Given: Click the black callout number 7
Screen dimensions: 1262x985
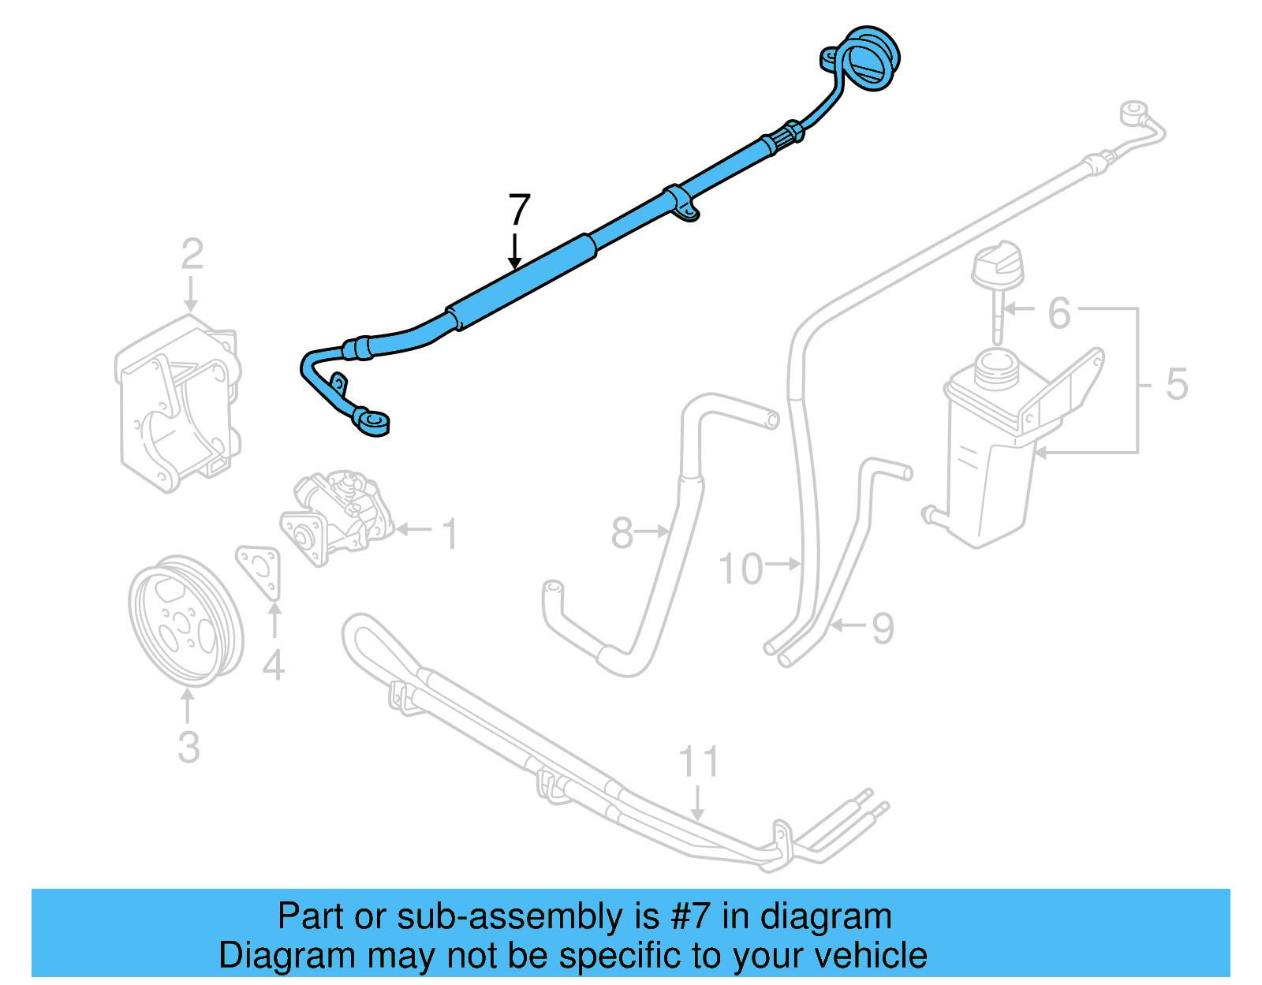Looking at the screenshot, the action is (519, 210).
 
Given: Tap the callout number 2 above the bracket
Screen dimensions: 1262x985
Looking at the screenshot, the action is (192, 254).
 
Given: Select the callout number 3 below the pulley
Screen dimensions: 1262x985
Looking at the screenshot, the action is (189, 747).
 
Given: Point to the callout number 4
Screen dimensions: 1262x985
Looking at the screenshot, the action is (274, 665).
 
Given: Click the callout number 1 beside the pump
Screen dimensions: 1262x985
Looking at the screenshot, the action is (450, 534).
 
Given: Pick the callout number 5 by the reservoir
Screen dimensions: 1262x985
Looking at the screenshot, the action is (1177, 384).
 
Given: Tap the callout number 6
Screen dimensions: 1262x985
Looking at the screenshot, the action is (1059, 313).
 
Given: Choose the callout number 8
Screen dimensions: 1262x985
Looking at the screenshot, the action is (622, 533).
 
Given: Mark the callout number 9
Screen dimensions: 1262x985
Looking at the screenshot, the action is (883, 628).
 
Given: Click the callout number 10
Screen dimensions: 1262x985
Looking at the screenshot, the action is (741, 569).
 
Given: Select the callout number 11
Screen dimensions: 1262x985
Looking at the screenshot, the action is (699, 761).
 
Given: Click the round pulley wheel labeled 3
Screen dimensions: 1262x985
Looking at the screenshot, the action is (186, 621).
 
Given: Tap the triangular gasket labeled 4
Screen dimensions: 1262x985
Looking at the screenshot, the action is (259, 571).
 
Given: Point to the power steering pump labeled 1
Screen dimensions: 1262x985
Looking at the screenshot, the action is (336, 517).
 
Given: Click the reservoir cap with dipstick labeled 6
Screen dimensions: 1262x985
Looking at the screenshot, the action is (997, 290).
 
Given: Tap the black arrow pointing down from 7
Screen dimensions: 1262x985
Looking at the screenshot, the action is (514, 252).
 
